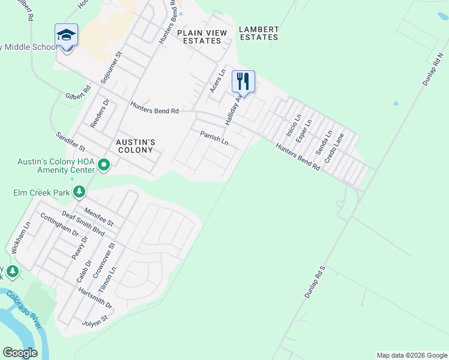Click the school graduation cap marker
point(66,35)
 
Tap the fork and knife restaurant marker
point(243,81)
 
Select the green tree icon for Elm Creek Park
point(79,192)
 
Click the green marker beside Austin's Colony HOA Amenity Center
point(104,164)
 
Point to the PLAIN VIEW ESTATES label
point(202,37)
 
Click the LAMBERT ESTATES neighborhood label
point(259,33)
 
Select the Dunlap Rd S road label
point(314,283)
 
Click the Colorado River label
point(24,308)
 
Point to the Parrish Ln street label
point(214,139)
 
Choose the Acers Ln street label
point(217,80)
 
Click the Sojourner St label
point(111,67)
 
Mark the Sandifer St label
point(70,142)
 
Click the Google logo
point(20,353)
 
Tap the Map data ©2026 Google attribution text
point(412,355)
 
